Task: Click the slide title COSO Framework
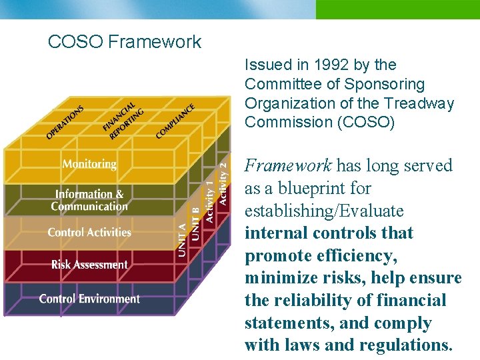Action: point(124,42)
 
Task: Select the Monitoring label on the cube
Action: point(89,163)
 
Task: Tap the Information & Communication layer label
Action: point(89,200)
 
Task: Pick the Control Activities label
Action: point(89,233)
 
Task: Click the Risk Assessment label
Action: point(89,265)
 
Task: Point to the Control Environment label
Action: point(89,299)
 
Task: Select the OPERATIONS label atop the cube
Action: point(65,122)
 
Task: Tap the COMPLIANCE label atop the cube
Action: point(175,121)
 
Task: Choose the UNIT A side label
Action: point(182,237)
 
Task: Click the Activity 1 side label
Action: point(209,197)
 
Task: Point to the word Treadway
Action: point(425,103)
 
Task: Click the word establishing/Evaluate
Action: point(324,211)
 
